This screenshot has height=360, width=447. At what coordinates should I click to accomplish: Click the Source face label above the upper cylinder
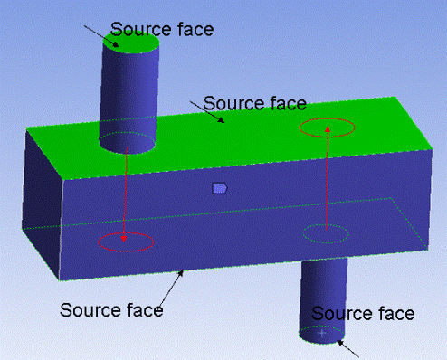pyautogui.click(x=162, y=29)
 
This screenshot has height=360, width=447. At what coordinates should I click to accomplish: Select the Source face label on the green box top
pyautogui.click(x=254, y=102)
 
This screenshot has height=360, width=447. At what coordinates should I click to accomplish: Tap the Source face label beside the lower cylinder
pyautogui.click(x=363, y=314)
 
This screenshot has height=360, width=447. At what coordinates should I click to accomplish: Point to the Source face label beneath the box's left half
pyautogui.click(x=111, y=309)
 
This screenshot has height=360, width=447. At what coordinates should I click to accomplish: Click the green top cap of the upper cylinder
pyautogui.click(x=130, y=41)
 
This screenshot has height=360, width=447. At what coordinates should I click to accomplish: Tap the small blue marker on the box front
pyautogui.click(x=219, y=187)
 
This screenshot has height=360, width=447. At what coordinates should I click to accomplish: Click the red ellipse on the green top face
pyautogui.click(x=327, y=128)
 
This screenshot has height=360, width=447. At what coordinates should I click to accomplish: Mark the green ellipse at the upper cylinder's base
pyautogui.click(x=127, y=142)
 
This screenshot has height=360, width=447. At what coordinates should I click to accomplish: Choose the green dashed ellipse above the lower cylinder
pyautogui.click(x=325, y=234)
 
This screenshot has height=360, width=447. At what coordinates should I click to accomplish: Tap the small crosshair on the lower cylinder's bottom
pyautogui.click(x=322, y=333)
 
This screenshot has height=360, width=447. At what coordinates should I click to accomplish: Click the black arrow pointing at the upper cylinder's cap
pyautogui.click(x=98, y=34)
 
